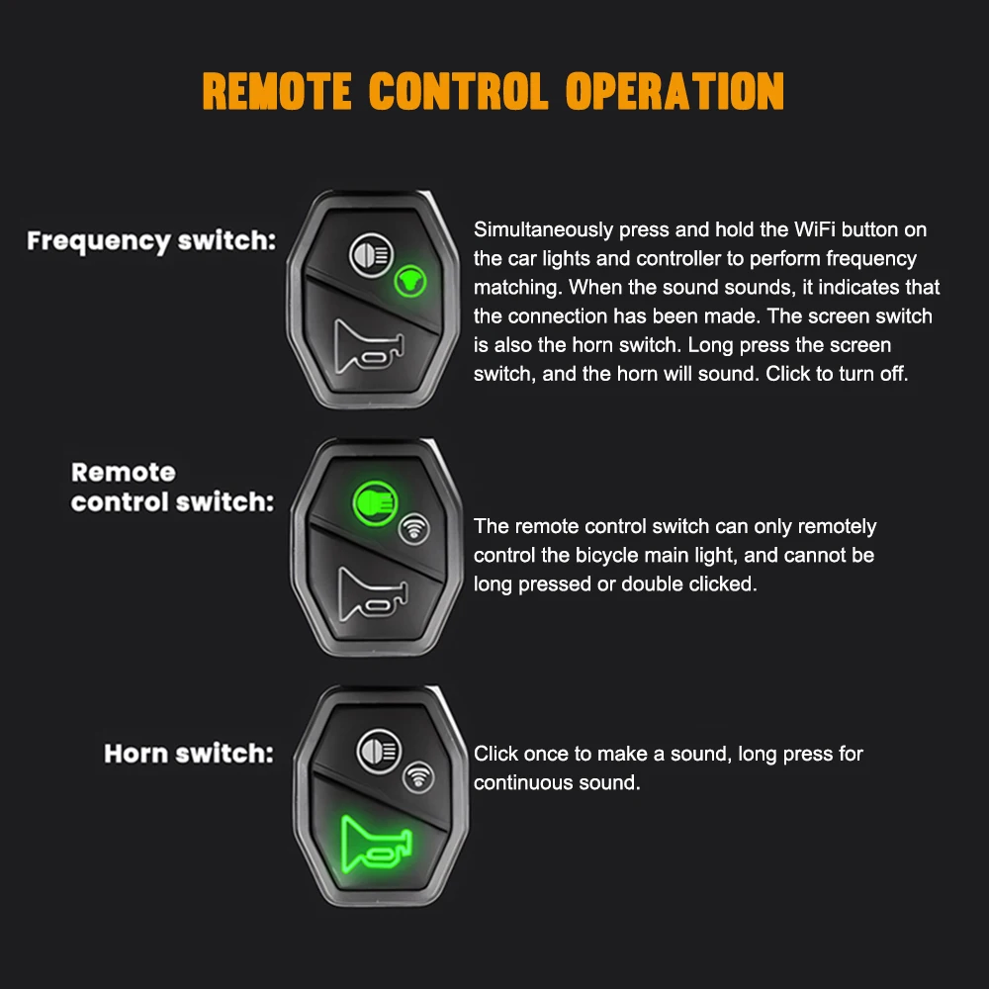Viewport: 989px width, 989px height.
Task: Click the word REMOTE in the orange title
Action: coord(277,91)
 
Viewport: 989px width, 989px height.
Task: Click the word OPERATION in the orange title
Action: coord(674,91)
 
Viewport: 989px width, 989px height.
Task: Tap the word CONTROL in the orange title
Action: coord(459,91)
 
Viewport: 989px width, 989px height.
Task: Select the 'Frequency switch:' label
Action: coord(151,240)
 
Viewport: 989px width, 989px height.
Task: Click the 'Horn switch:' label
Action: coord(189,754)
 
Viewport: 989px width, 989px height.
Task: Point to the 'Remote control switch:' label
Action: coord(172,487)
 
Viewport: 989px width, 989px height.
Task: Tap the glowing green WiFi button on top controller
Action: coord(410,283)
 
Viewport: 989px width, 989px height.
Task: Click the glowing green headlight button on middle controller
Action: coord(374,500)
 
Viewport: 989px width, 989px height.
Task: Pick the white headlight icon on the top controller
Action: coord(371,255)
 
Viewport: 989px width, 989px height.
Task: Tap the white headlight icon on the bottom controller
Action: coord(377,748)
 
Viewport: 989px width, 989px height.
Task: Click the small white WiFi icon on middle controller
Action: coord(415,530)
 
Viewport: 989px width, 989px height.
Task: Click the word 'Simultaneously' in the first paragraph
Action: coord(544,230)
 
